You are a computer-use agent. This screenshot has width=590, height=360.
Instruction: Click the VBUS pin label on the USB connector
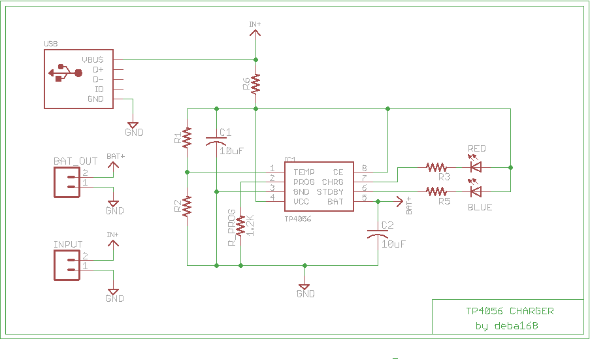tap(93, 59)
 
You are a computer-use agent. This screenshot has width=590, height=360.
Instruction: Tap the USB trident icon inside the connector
tap(65, 73)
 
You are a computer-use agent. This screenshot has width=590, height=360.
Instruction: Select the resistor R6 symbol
tap(255, 83)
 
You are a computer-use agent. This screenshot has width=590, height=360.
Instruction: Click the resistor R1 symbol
tap(188, 137)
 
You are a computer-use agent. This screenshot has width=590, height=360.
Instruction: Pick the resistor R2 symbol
tap(188, 206)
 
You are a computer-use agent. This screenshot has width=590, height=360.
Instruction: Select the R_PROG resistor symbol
tap(241, 225)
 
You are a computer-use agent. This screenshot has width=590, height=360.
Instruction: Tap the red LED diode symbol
tap(476, 167)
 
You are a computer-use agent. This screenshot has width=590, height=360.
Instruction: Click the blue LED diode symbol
tap(476, 191)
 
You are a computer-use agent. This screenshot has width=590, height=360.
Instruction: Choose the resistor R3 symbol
tap(436, 167)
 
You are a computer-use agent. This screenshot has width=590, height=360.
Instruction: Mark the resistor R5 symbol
tap(436, 191)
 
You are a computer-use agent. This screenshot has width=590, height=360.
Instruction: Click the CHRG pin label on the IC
tap(333, 182)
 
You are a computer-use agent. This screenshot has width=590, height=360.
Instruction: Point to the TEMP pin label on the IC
tap(304, 172)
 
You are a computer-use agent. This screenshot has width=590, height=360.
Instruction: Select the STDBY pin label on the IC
tap(330, 192)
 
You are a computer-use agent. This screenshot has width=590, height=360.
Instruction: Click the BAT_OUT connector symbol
tap(68, 181)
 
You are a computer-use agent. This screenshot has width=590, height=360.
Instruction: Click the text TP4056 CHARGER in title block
tap(509, 311)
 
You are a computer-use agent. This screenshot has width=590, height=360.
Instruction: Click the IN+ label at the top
tap(255, 25)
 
